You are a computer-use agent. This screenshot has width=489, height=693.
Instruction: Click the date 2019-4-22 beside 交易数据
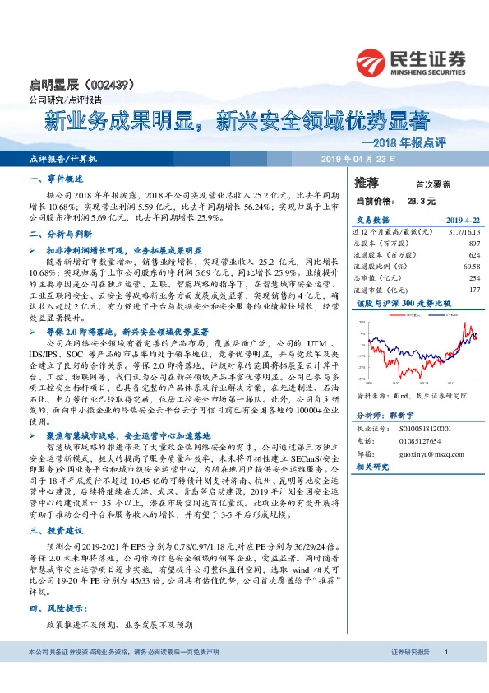(x=462, y=221)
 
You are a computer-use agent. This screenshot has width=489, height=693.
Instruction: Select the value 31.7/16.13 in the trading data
(x=461, y=233)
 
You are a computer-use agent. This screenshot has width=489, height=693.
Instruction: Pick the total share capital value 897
(x=473, y=244)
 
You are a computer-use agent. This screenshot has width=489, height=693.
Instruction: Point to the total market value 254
(x=473, y=278)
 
